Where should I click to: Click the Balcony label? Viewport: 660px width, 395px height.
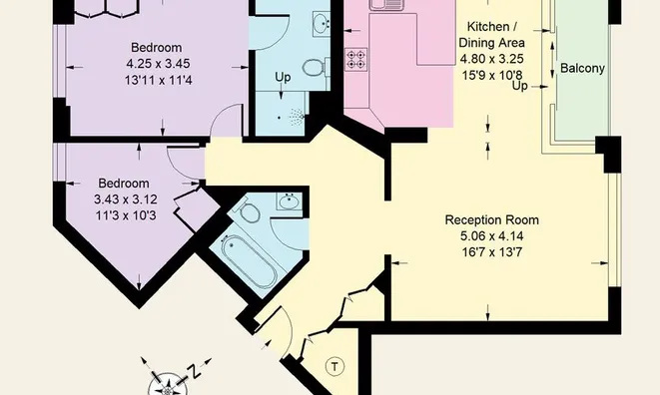point(582,68)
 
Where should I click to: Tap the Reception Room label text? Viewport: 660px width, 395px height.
point(491,220)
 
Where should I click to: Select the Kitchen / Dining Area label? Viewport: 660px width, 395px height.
point(491,35)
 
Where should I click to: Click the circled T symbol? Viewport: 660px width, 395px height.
point(334,367)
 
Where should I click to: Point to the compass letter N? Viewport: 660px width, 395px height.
point(193,371)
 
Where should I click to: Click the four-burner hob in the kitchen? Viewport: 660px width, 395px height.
point(355,59)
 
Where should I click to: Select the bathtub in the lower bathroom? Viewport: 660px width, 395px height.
point(250,260)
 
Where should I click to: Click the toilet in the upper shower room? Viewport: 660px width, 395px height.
point(314,67)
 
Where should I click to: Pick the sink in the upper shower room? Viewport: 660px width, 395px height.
point(322,21)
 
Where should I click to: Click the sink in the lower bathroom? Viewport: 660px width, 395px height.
point(290,201)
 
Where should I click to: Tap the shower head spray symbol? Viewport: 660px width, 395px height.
point(297,117)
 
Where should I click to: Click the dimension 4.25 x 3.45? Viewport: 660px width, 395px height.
point(159,64)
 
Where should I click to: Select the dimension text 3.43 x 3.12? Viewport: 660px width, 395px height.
point(126,198)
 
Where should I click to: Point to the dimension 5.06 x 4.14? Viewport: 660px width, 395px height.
point(491,236)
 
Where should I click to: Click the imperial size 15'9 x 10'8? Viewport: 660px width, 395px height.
point(491,75)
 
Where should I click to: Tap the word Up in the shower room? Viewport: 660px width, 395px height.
point(283,78)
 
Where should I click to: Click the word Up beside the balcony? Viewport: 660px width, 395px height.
point(520,86)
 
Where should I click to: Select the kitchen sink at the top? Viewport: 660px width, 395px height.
point(386,5)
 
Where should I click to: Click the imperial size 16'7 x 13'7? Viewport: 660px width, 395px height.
point(491,252)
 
